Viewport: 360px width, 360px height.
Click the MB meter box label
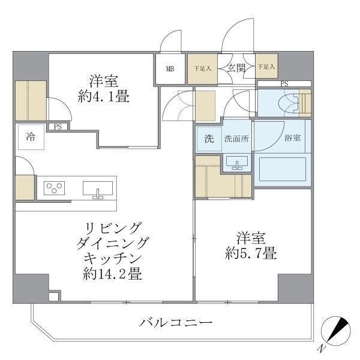pos(170,69)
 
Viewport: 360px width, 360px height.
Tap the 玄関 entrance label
pos(236,68)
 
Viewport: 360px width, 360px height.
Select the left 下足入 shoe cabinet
pos(202,68)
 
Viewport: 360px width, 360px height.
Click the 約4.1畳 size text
pos(103,96)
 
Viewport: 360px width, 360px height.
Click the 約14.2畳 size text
pos(112,275)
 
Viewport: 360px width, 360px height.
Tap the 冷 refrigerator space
pos(30,137)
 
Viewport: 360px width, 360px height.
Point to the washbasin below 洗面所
pos(238,163)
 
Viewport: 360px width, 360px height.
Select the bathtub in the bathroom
pos(281,169)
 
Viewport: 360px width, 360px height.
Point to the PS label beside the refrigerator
pos(58,127)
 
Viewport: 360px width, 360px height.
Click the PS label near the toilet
pos(284,83)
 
